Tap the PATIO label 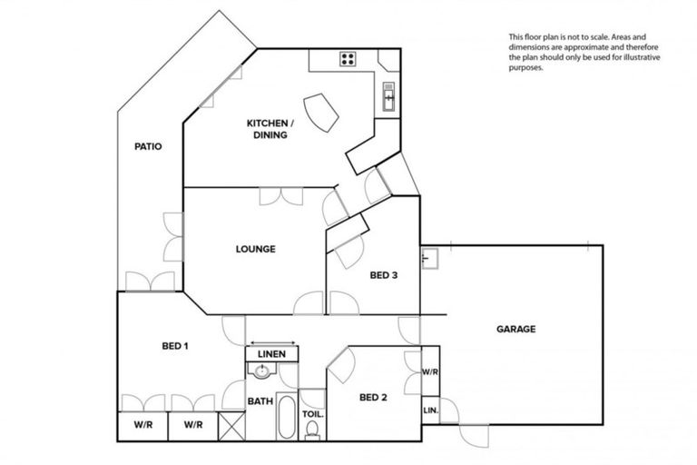click(148, 145)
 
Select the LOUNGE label click(255, 248)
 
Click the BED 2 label click(374, 396)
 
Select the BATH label click(260, 400)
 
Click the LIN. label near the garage click(430, 411)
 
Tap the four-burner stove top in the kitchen click(348, 60)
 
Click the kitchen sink click(388, 95)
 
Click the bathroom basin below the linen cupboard click(262, 371)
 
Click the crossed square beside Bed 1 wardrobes click(232, 425)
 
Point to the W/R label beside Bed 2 click(430, 372)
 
